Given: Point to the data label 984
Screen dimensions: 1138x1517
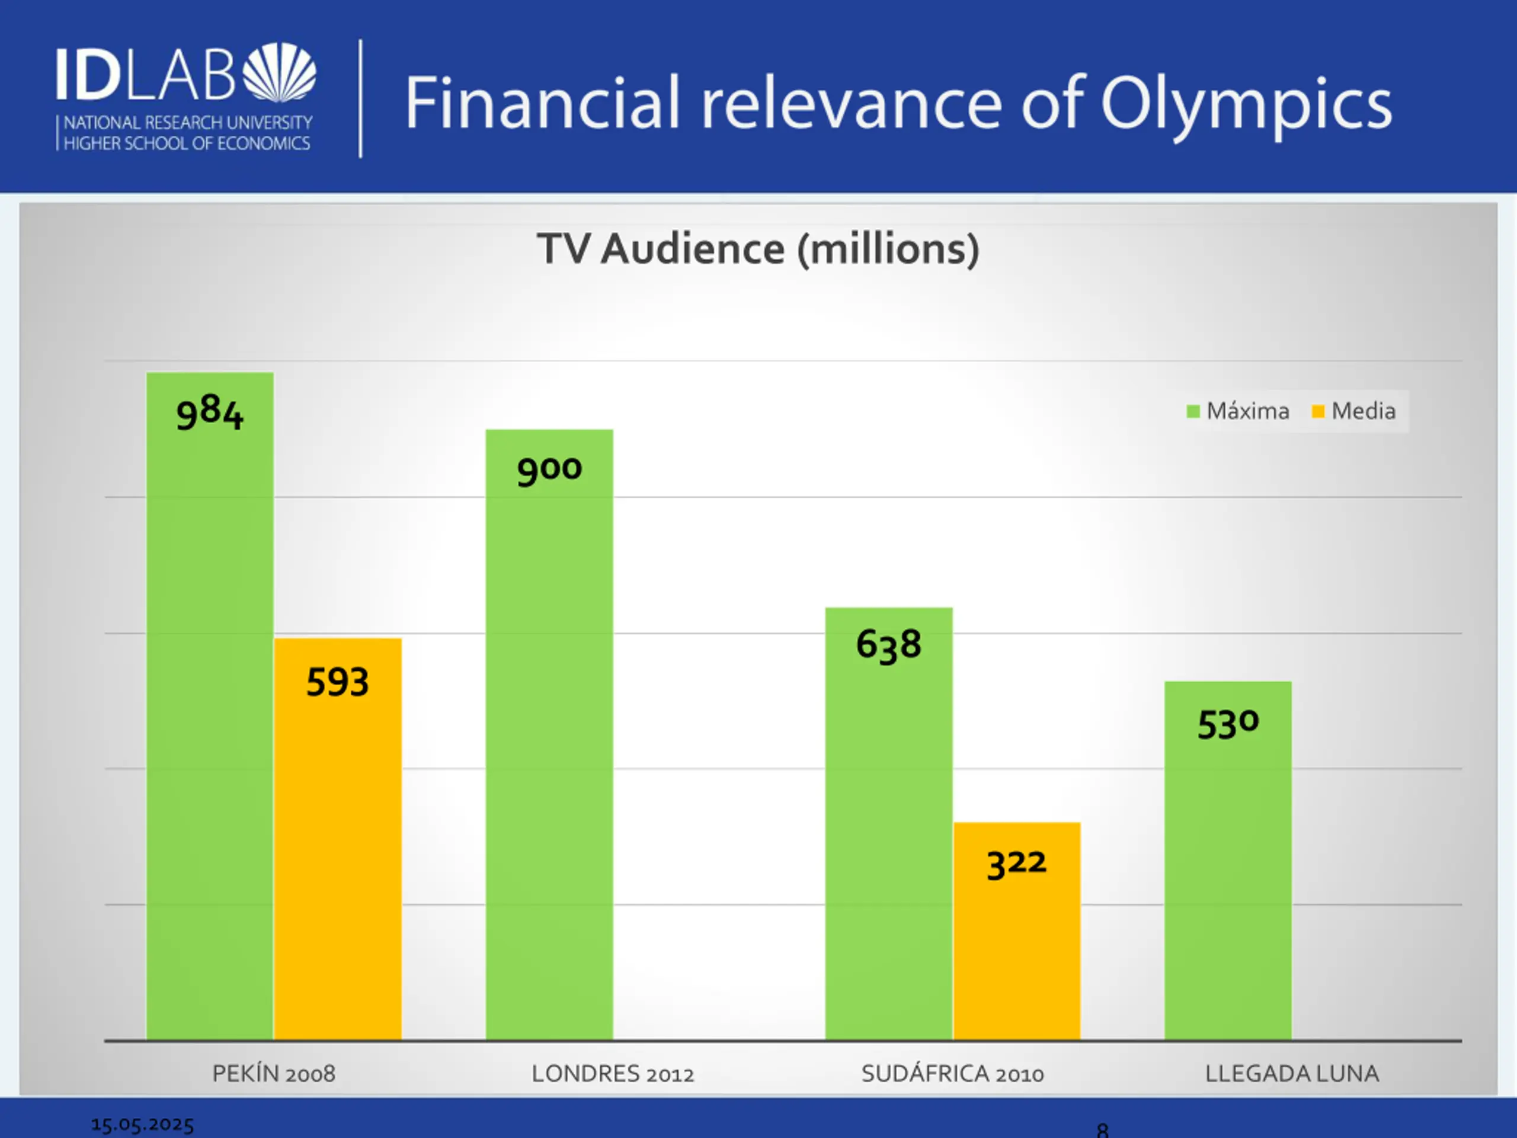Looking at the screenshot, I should click(x=210, y=413).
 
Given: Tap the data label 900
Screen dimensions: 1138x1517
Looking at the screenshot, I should click(x=549, y=470).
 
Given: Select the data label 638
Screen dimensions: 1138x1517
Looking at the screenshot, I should click(x=889, y=645).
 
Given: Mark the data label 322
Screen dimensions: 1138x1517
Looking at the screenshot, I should click(x=1016, y=863).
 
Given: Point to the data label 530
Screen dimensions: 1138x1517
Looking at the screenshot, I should click(x=1228, y=724).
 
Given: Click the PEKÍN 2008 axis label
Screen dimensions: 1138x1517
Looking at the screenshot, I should click(x=274, y=1073).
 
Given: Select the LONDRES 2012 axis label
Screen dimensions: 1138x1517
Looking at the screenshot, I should click(x=612, y=1073).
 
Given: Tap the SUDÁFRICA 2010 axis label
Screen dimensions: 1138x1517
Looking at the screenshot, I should click(x=953, y=1073).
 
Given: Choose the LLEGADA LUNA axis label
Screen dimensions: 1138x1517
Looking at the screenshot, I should click(x=1291, y=1073).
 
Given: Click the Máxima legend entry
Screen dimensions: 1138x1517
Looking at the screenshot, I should click(x=1238, y=411).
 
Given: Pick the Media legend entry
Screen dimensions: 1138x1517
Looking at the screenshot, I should click(x=1354, y=411).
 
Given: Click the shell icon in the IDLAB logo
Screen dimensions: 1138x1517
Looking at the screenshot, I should click(x=280, y=72).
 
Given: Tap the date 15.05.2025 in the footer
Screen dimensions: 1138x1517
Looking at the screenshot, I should click(x=143, y=1124).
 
